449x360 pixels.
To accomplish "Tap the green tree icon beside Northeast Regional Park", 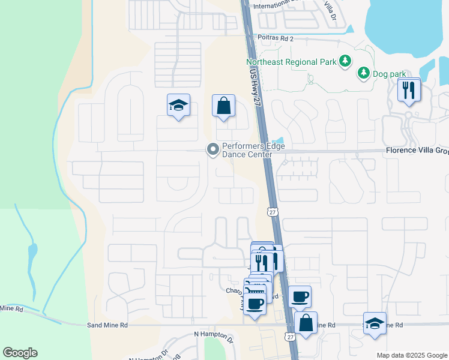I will (345, 61).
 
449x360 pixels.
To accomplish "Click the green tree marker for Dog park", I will (363, 73).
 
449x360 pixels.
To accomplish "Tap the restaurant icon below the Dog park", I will (409, 91).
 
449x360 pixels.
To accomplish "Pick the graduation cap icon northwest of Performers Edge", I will (178, 105).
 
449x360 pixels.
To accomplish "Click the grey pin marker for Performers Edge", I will (212, 149).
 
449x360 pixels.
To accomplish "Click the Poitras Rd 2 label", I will (276, 38).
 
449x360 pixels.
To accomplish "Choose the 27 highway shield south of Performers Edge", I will (273, 212).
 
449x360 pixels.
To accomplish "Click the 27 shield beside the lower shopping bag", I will (291, 337).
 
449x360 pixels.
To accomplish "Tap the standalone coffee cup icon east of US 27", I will (300, 296).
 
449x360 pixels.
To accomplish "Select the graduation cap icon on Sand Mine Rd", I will (375, 323).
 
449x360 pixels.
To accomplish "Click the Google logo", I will (20, 353).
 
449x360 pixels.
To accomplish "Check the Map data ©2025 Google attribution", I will (411, 355).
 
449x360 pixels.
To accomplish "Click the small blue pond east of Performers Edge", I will (279, 142).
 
